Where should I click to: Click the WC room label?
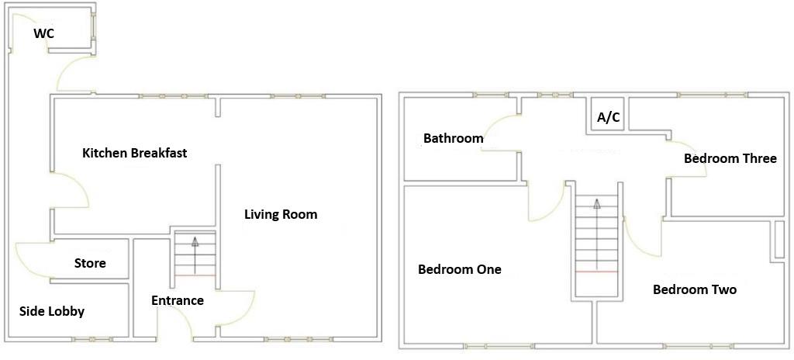click(x=43, y=33)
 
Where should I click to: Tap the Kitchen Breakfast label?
click(x=134, y=153)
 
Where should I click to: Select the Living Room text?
click(x=281, y=214)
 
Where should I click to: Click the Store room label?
click(x=90, y=264)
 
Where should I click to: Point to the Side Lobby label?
click(x=51, y=311)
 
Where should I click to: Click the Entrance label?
click(x=178, y=300)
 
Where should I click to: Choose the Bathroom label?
click(x=453, y=139)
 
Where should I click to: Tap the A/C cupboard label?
click(x=608, y=118)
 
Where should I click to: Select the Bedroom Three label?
click(x=730, y=158)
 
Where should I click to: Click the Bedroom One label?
click(x=459, y=270)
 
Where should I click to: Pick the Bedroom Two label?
click(x=694, y=289)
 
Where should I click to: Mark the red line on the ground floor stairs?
click(x=194, y=275)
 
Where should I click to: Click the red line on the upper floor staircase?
click(x=596, y=272)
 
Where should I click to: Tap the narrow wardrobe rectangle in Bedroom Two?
click(x=778, y=240)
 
